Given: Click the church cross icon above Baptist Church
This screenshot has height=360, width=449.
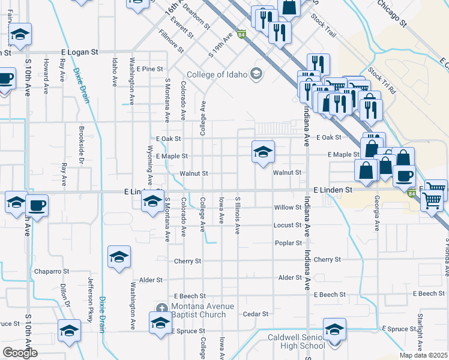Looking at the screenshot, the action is coord(161,308).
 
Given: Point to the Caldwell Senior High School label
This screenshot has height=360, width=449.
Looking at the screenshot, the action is coord(294,343).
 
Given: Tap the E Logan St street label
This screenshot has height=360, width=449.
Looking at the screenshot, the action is coord(79,53).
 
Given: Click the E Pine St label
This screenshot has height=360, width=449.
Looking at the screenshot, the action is coord(149,70).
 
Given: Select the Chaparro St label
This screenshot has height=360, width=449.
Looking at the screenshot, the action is coord(52,271).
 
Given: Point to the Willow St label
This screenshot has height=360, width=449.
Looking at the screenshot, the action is coord(288,208).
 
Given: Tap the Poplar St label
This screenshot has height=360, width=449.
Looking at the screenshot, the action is coord(288,243).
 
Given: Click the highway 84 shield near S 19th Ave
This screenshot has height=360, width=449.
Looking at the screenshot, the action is coord(241,34).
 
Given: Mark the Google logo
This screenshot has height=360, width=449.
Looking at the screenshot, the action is coord(20,353).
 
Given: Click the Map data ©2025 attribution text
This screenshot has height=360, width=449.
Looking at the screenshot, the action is coord(424,355).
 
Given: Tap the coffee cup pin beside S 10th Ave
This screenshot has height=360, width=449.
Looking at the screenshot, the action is coord(37,206).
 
